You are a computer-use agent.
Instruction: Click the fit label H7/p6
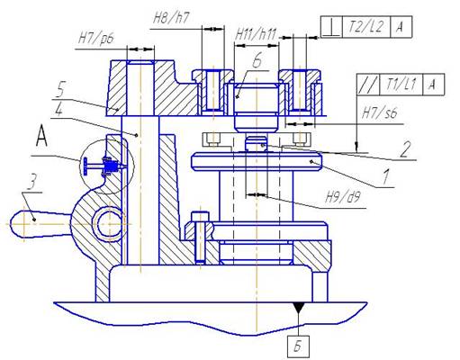tap(95, 39)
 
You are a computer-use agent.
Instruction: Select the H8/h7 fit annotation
tap(171, 19)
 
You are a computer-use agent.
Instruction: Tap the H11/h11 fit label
tap(256, 35)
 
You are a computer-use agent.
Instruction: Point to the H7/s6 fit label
tap(380, 113)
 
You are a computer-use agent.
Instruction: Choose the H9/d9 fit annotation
tap(343, 197)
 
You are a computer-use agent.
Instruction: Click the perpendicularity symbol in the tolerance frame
tap(331, 27)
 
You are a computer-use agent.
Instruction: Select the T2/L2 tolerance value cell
tap(366, 27)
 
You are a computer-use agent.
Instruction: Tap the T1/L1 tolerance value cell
tap(401, 85)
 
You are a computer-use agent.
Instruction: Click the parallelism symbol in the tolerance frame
tap(368, 85)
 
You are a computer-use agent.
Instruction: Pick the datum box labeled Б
tap(298, 346)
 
